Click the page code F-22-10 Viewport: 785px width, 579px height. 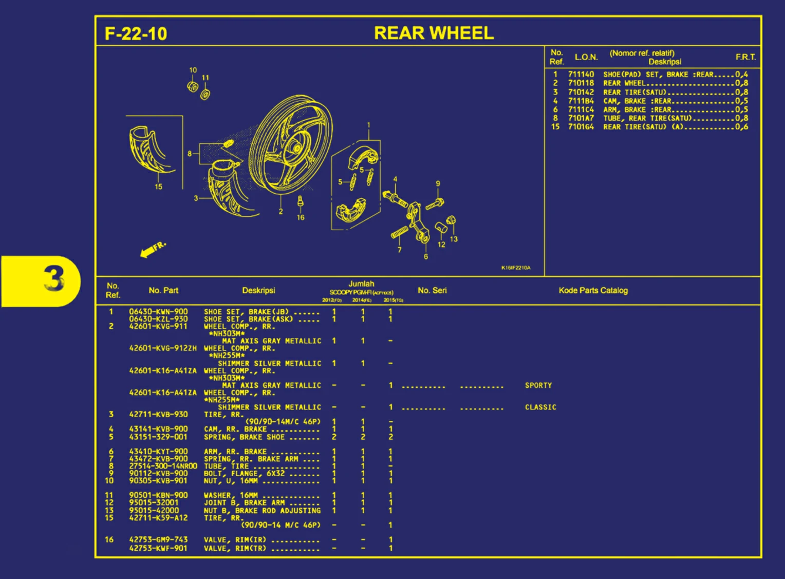tap(136, 34)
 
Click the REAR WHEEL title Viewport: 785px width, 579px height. tap(434, 33)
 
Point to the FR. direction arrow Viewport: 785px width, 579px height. tap(152, 249)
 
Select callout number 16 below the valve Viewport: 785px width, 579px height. tap(301, 217)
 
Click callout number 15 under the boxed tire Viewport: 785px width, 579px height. tap(158, 186)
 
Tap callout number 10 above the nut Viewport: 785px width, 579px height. tap(193, 70)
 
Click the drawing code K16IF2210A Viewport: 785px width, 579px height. tap(516, 268)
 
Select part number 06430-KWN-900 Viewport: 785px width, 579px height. tap(158, 311)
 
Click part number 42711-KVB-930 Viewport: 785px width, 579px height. tap(158, 414)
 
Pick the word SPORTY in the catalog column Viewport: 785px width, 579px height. tap(538, 385)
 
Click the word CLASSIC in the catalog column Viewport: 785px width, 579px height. tap(540, 407)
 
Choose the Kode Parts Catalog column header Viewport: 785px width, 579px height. tap(593, 290)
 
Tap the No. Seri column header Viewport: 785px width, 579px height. tap(432, 290)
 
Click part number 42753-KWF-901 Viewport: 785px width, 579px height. tap(158, 548)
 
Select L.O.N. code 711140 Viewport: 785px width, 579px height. tap(581, 74)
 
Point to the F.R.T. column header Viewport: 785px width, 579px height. tap(745, 57)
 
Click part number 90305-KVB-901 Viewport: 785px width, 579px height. tap(158, 481)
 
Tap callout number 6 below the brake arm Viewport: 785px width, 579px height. tap(425, 256)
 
